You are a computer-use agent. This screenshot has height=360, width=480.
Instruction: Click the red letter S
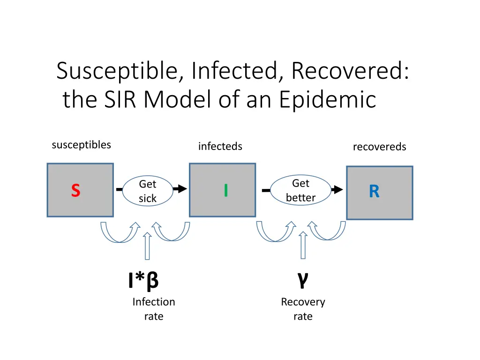click(x=75, y=191)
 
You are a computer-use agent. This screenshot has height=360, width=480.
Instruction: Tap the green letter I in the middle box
click(x=226, y=190)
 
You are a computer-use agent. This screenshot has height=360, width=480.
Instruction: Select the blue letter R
click(x=374, y=192)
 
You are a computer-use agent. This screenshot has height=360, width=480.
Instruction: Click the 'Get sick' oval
click(x=147, y=191)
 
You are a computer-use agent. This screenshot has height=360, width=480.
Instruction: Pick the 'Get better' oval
click(x=300, y=190)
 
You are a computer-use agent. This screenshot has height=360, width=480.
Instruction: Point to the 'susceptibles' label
click(x=81, y=145)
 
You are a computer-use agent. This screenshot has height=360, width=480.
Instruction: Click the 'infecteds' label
click(x=220, y=147)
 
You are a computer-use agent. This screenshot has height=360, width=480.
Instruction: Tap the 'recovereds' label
click(x=379, y=147)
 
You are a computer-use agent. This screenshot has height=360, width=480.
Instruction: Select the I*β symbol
click(x=143, y=281)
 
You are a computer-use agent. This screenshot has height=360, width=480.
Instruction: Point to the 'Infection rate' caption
click(x=153, y=309)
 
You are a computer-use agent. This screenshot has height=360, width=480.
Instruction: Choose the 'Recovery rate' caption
click(x=303, y=309)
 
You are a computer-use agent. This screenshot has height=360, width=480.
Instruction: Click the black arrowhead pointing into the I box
click(x=181, y=189)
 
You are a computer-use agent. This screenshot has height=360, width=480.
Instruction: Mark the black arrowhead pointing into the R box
click(x=337, y=190)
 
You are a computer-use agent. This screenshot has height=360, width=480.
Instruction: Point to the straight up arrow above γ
click(x=303, y=244)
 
